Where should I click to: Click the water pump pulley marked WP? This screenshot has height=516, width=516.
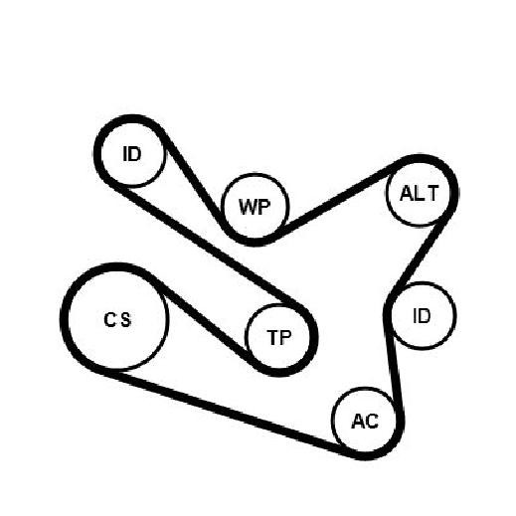tap(256, 207)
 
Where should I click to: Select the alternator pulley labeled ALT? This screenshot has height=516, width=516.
tap(419, 193)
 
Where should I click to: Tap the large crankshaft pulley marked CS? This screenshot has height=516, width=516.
tap(117, 318)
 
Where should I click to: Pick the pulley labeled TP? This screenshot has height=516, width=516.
tap(278, 337)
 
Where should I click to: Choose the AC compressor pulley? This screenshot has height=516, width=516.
tap(365, 421)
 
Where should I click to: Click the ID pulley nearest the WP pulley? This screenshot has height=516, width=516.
tap(132, 154)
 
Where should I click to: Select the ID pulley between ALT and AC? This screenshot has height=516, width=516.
tap(422, 316)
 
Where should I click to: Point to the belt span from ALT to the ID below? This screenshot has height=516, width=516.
tap(420, 256)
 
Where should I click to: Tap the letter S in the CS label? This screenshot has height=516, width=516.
tap(125, 320)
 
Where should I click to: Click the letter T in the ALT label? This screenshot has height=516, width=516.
tap(433, 193)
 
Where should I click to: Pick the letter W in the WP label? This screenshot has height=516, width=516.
tap(248, 207)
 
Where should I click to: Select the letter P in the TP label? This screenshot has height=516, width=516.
tap(285, 338)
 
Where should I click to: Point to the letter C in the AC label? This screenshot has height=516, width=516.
tap(372, 422)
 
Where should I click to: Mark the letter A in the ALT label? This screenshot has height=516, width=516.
tap(406, 193)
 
